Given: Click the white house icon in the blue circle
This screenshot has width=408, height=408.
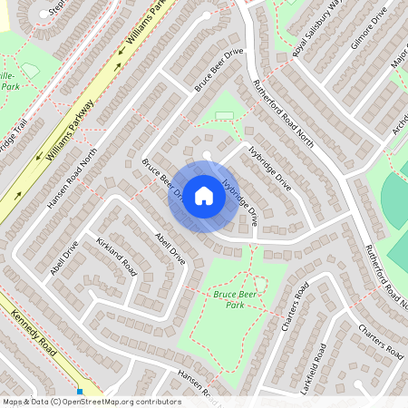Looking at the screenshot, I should [x=204, y=196].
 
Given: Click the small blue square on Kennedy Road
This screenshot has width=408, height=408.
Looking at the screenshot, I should [x=80, y=393].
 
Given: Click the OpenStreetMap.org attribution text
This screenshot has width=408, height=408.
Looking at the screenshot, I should [x=118, y=402].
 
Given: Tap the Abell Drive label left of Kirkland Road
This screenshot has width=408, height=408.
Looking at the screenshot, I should [x=65, y=257].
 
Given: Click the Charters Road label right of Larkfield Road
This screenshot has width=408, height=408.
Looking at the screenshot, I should [x=379, y=338].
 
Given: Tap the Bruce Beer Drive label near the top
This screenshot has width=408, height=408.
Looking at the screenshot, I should [x=220, y=69].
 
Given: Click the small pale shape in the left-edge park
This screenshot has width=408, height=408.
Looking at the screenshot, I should [x=30, y=70].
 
